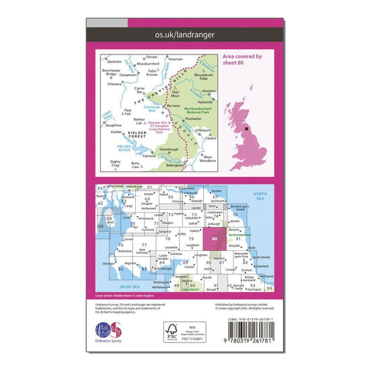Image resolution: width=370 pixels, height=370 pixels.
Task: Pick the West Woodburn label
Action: tap(212, 161)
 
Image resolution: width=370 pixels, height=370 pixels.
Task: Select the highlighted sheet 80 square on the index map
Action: tap(214, 239)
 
